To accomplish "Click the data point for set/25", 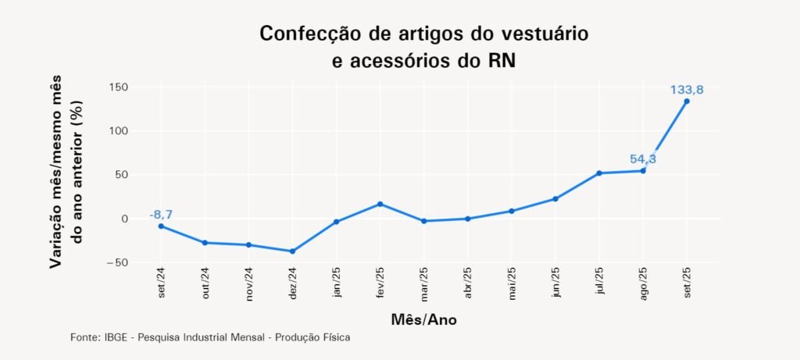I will (x=687, y=101).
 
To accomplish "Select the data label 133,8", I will (x=687, y=90).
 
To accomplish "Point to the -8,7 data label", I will (x=161, y=214).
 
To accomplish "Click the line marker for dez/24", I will (x=292, y=251).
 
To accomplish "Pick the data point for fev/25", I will (x=380, y=204).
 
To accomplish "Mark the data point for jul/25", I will (x=599, y=173).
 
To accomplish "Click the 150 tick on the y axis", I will (x=119, y=87).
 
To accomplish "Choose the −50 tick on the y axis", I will (x=117, y=262).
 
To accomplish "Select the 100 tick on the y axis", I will (x=119, y=130).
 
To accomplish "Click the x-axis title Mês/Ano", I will (x=423, y=320).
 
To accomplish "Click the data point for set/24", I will (x=161, y=226).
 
